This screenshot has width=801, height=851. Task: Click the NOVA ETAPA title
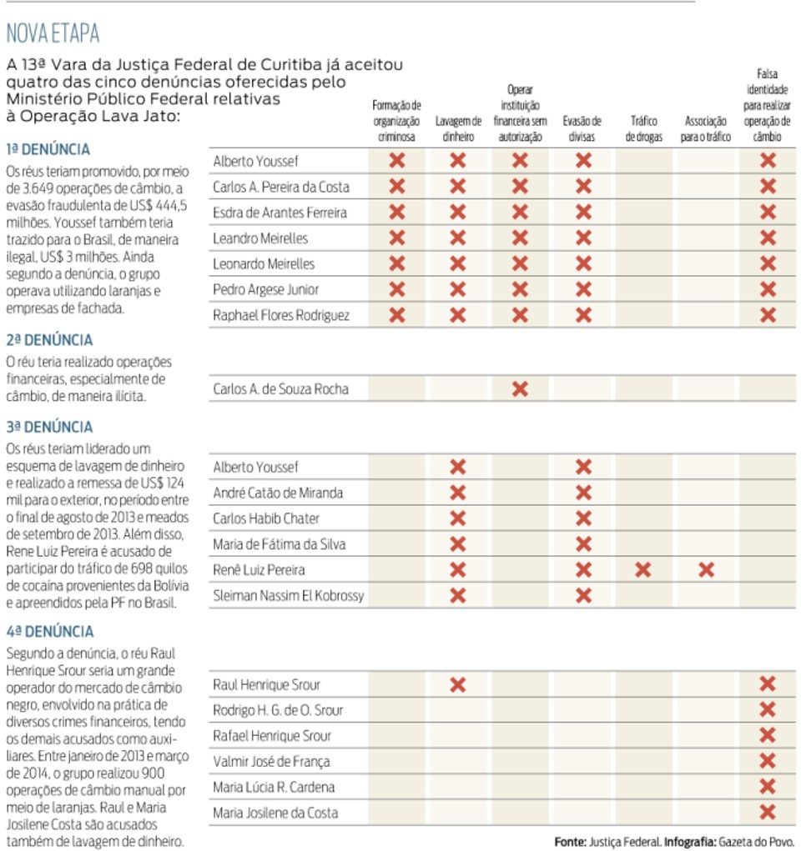53,33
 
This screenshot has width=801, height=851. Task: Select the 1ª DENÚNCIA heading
48,149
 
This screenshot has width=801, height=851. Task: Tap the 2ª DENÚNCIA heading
49,340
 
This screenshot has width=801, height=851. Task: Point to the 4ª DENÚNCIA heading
50,631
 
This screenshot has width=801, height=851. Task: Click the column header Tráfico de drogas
643,128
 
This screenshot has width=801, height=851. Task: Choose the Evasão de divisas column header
582,128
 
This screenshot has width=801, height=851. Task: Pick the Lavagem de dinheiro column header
458,128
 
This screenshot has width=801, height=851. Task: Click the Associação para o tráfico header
705,128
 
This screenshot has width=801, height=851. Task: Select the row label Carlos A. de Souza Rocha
280,389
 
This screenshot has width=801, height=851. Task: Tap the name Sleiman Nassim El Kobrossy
288,595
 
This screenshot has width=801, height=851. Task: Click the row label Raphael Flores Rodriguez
281,315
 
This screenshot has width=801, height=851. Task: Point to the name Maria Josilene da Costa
275,813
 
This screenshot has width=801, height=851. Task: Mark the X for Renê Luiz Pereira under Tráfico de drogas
642,570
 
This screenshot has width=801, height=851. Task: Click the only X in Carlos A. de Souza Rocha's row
520,388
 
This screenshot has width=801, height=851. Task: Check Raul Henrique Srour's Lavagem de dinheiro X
458,684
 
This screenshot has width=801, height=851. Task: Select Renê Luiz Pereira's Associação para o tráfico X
707,570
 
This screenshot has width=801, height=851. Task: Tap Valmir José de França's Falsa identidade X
768,761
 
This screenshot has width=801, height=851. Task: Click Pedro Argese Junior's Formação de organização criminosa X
397,289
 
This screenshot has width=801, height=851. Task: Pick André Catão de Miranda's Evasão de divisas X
583,493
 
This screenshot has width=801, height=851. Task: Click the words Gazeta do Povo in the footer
757,842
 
